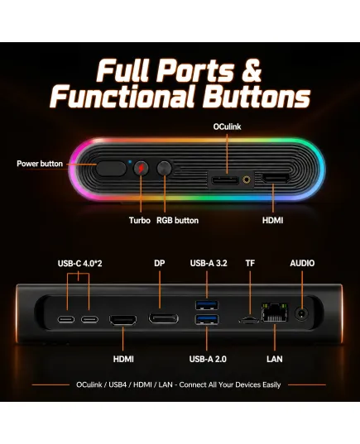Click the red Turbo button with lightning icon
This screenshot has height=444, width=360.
[x=141, y=169]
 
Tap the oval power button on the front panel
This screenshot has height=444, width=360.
[x=111, y=169]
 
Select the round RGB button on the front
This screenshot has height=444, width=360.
[x=165, y=169]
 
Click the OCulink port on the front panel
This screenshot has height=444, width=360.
[x=225, y=180]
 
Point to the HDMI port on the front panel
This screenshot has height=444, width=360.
[x=276, y=179]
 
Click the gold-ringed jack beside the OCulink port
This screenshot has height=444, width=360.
[x=247, y=179]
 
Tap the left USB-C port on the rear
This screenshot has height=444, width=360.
[x=66, y=319]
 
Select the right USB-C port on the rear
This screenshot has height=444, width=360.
[x=89, y=319]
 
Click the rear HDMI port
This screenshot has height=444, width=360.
[x=123, y=320]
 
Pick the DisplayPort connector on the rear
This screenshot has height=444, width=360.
[x=163, y=318]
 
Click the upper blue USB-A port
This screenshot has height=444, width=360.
[x=207, y=305]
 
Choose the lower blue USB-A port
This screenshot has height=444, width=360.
[x=207, y=319]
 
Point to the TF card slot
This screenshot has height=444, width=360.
[x=248, y=321]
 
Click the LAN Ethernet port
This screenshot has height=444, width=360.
[x=275, y=313]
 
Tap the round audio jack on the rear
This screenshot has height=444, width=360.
[x=301, y=313]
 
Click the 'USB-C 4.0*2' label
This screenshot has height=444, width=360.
[x=79, y=264]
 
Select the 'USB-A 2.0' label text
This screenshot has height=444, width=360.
[x=208, y=359]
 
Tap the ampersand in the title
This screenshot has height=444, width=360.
[x=251, y=70]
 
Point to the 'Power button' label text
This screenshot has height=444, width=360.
[x=40, y=164]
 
